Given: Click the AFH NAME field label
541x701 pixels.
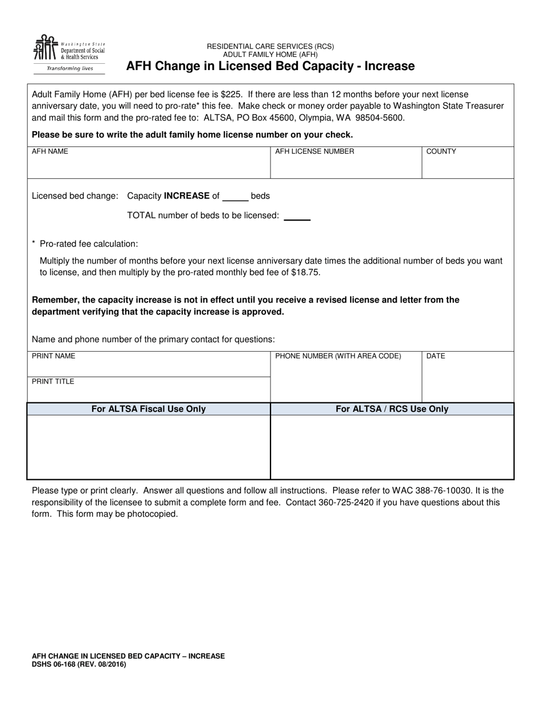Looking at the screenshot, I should click(50, 152).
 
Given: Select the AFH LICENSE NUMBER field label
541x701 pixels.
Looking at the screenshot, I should click(314, 152).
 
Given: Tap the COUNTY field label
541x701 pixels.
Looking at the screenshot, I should click(441, 152).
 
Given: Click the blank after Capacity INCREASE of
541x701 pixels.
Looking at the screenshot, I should click(235, 197).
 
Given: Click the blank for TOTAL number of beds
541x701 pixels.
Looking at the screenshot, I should click(297, 216).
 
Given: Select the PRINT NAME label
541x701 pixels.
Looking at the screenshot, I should click(54, 356).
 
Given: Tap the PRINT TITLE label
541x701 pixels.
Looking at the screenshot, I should click(53, 382).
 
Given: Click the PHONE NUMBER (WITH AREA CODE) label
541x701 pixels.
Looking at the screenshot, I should click(338, 356).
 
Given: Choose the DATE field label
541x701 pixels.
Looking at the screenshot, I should click(436, 356).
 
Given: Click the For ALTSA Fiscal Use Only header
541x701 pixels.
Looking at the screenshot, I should click(149, 409).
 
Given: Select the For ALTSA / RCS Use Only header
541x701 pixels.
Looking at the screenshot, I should click(392, 409).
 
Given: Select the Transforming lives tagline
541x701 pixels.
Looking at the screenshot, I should click(69, 68).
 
